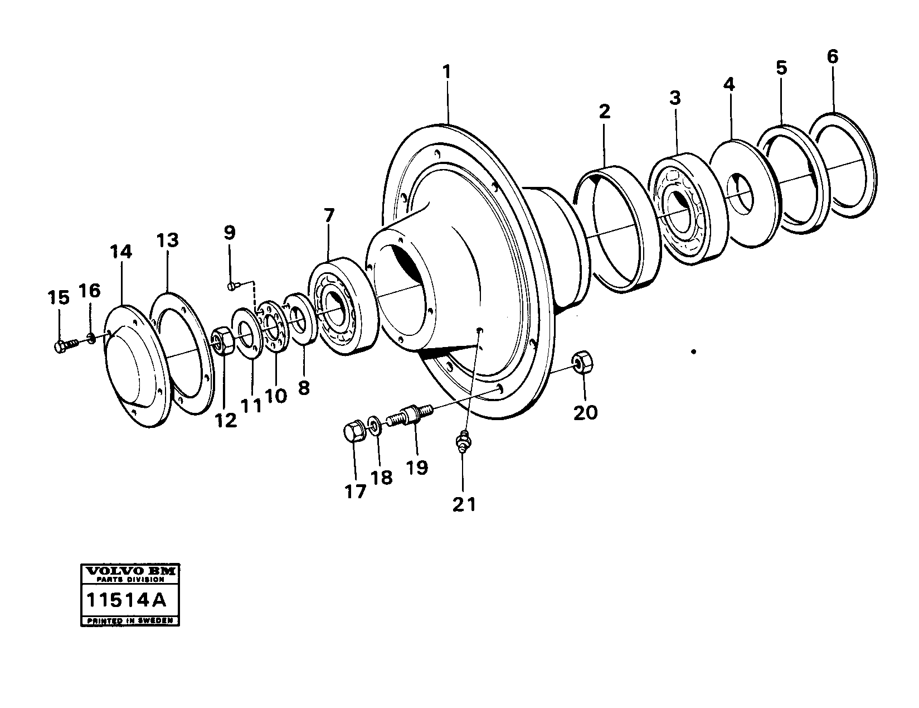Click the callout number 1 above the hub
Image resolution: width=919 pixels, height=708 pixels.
[446, 73]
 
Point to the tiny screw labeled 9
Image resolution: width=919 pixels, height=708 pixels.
[232, 286]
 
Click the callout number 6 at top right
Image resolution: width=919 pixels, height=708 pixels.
[832, 57]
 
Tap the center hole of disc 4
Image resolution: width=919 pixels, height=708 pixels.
[740, 195]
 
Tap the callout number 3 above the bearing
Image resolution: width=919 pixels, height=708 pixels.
[675, 98]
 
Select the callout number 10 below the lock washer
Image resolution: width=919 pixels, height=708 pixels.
[275, 396]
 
